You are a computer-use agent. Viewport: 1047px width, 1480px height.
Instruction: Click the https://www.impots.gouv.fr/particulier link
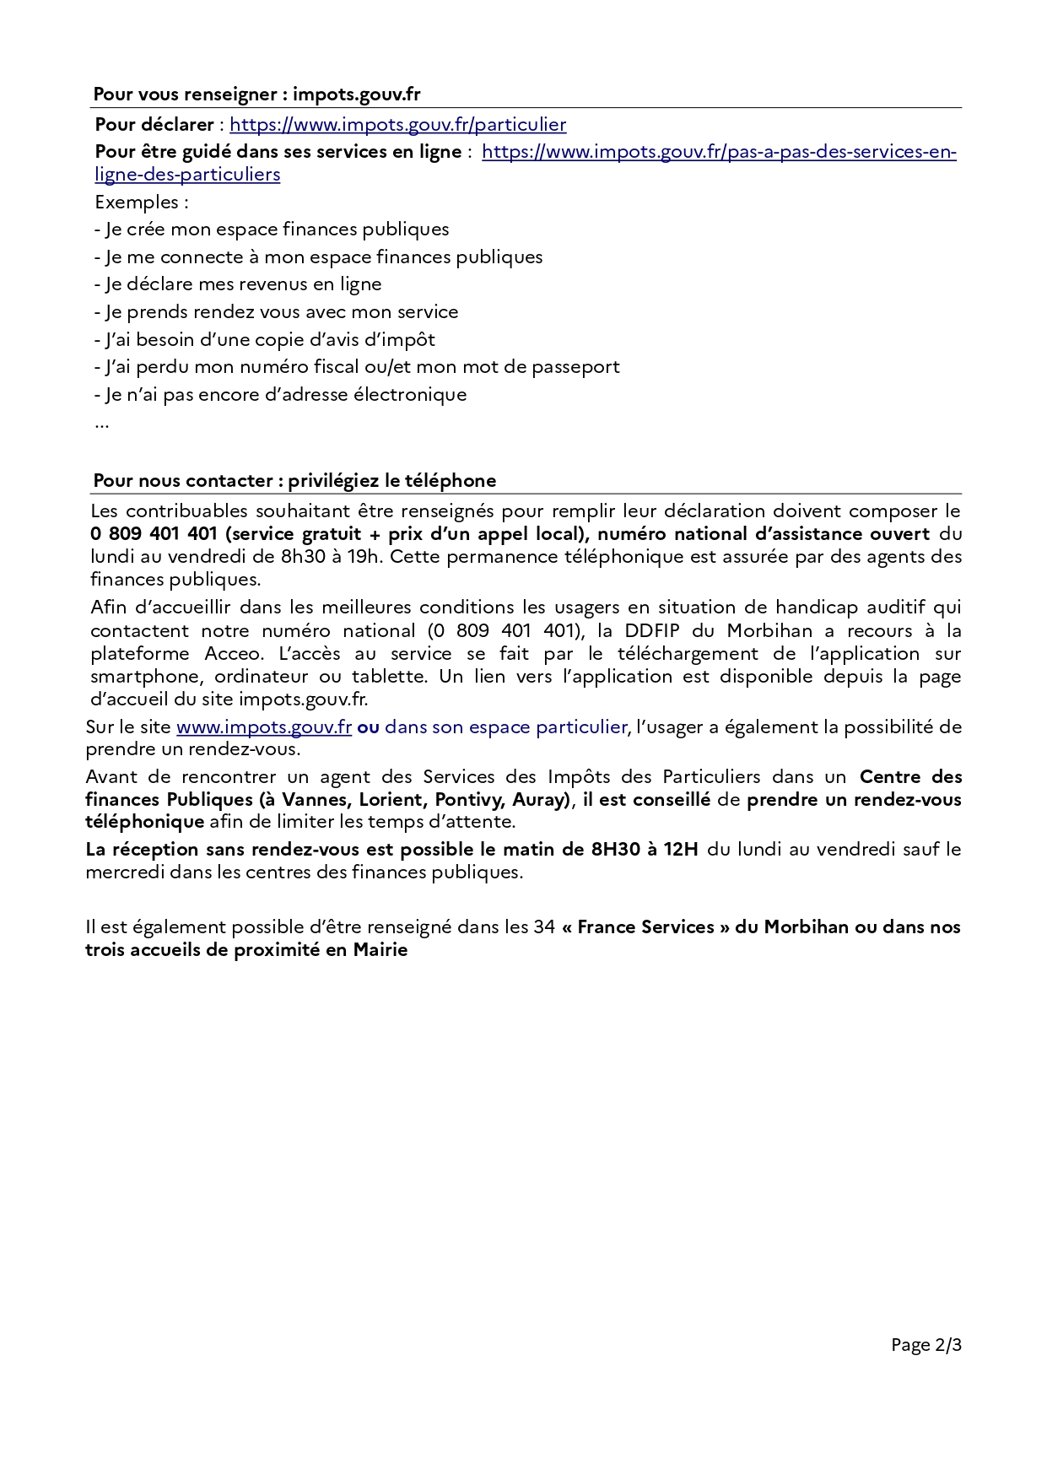tap(397, 125)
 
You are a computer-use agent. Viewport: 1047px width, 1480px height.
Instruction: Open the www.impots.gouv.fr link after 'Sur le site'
tap(263, 727)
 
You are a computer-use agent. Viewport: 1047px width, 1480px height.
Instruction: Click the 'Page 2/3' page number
tap(926, 1345)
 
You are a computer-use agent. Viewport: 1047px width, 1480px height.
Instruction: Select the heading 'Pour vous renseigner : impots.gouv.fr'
tap(256, 95)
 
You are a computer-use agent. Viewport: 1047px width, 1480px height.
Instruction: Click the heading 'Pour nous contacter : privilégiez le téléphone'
tap(294, 481)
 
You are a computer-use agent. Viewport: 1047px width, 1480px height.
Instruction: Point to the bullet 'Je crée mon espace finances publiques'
tap(277, 230)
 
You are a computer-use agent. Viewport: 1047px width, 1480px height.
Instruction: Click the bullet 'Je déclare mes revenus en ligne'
tap(243, 284)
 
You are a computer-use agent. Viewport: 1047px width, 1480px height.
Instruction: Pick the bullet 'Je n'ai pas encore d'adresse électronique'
tap(285, 395)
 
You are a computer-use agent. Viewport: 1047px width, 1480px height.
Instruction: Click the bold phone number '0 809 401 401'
tap(154, 534)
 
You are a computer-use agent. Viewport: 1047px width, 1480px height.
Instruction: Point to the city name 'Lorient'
tap(391, 800)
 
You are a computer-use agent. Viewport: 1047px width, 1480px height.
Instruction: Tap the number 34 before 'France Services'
tap(543, 927)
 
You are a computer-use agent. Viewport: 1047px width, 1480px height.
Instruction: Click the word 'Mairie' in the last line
tap(380, 950)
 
